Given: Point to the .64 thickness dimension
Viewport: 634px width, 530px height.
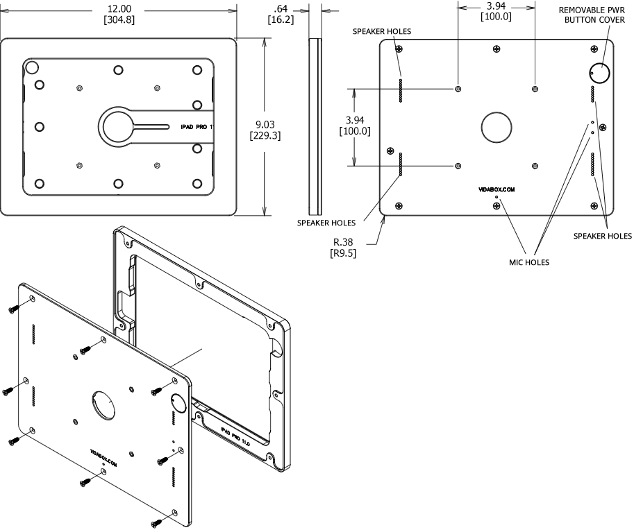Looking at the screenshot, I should pyautogui.click(x=281, y=8).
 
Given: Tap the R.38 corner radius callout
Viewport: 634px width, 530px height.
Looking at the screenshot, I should pyautogui.click(x=344, y=241).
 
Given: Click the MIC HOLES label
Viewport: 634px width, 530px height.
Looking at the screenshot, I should pyautogui.click(x=529, y=262).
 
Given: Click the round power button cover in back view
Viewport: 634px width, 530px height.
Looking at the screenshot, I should pyautogui.click(x=599, y=72).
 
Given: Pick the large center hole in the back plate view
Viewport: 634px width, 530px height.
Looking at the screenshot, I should pyautogui.click(x=497, y=128).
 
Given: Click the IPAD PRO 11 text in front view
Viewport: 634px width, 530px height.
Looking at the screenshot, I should pyautogui.click(x=196, y=128).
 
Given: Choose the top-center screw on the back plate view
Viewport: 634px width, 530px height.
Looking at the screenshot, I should pyautogui.click(x=496, y=49).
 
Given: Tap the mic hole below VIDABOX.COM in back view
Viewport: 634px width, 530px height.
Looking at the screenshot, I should pyautogui.click(x=497, y=198).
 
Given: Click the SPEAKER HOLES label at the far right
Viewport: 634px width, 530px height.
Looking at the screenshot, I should pyautogui.click(x=602, y=236).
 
